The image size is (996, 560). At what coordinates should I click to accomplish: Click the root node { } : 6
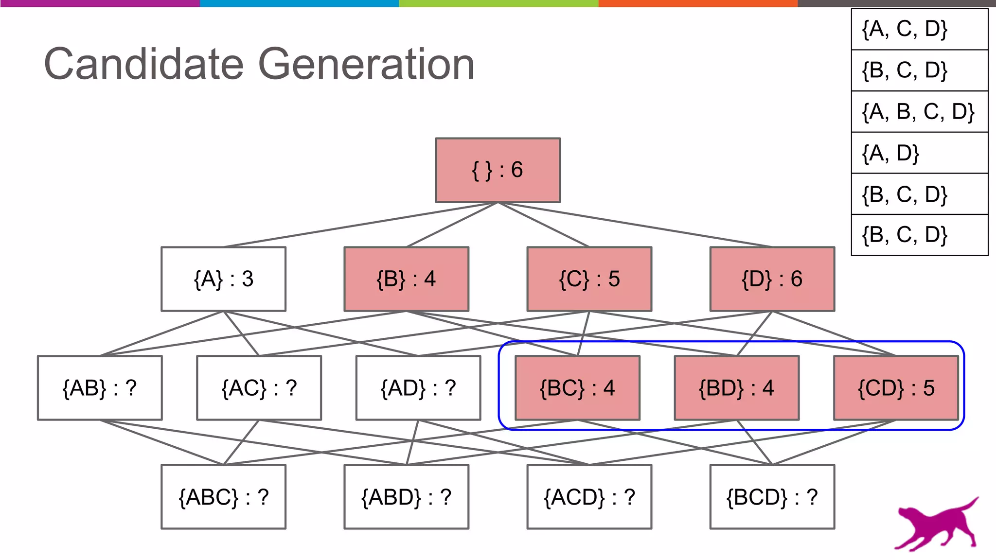point(498,170)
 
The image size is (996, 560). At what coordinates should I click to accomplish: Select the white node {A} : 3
point(223,279)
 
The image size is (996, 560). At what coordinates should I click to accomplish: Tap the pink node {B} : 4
point(406,279)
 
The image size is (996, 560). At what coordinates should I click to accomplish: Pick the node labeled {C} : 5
point(589,279)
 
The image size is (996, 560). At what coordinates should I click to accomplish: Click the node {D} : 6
point(772,279)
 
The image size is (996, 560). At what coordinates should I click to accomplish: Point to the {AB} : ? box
point(100,388)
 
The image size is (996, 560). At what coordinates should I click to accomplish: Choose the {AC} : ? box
point(259,388)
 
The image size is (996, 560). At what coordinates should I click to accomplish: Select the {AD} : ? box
point(418,388)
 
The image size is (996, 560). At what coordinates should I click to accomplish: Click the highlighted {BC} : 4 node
point(577,388)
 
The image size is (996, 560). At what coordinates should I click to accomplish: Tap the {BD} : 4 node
point(736,388)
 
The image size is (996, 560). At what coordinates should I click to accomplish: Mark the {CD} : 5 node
point(896,388)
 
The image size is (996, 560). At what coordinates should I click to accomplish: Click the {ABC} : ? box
point(223,497)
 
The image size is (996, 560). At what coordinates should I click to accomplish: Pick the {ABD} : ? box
point(406,497)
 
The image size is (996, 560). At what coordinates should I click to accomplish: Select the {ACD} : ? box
point(589,497)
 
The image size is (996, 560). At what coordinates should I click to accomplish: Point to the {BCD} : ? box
point(772,497)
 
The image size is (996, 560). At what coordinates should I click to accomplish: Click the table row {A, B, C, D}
point(919,112)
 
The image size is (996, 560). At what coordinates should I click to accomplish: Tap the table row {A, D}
point(919,153)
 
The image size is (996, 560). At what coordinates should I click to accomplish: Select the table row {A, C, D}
point(919,29)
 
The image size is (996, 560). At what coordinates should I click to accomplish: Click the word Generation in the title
point(366,64)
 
